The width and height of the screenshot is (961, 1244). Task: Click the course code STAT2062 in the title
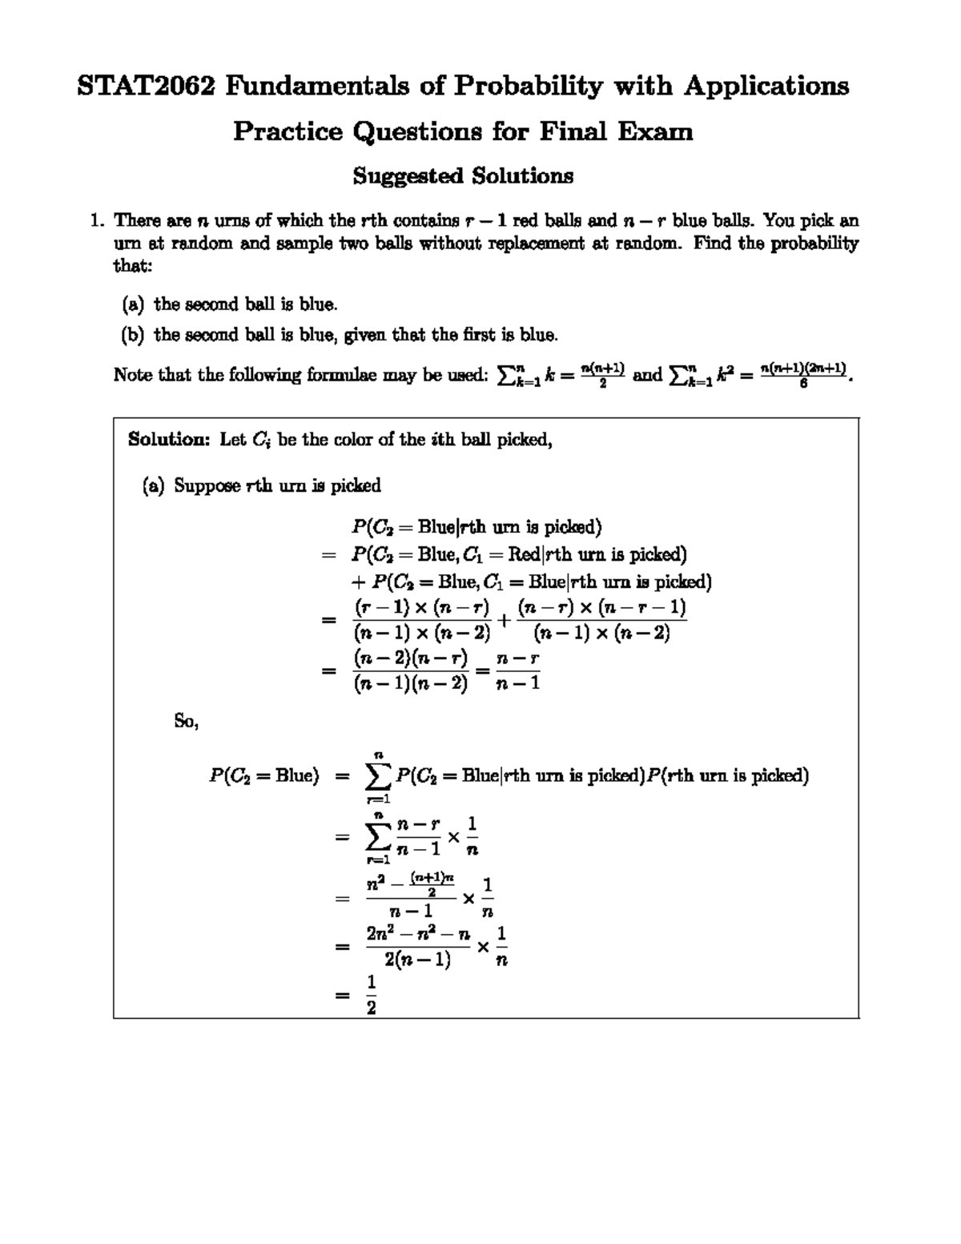point(145,86)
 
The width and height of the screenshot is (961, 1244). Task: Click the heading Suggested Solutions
point(463,175)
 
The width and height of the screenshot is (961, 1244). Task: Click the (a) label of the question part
point(133,304)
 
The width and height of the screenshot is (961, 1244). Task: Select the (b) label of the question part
point(133,335)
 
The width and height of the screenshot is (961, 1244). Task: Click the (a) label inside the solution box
point(153,485)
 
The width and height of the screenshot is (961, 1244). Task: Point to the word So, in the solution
point(186,721)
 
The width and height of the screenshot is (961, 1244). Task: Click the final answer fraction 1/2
point(371,994)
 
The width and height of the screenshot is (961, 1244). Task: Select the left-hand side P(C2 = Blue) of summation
point(263,775)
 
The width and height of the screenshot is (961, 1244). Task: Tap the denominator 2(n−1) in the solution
point(416,960)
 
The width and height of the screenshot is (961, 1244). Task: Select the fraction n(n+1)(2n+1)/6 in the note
point(802,375)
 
